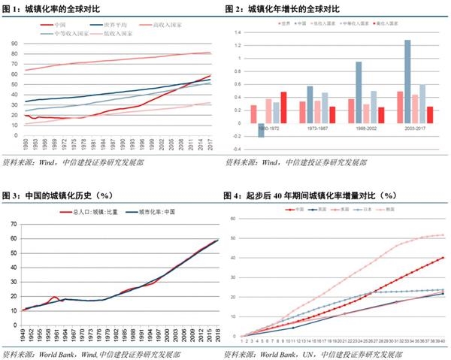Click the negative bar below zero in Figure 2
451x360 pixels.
point(261,129)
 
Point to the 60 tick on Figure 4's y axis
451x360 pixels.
point(235,219)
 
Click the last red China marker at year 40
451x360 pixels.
point(443,258)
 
